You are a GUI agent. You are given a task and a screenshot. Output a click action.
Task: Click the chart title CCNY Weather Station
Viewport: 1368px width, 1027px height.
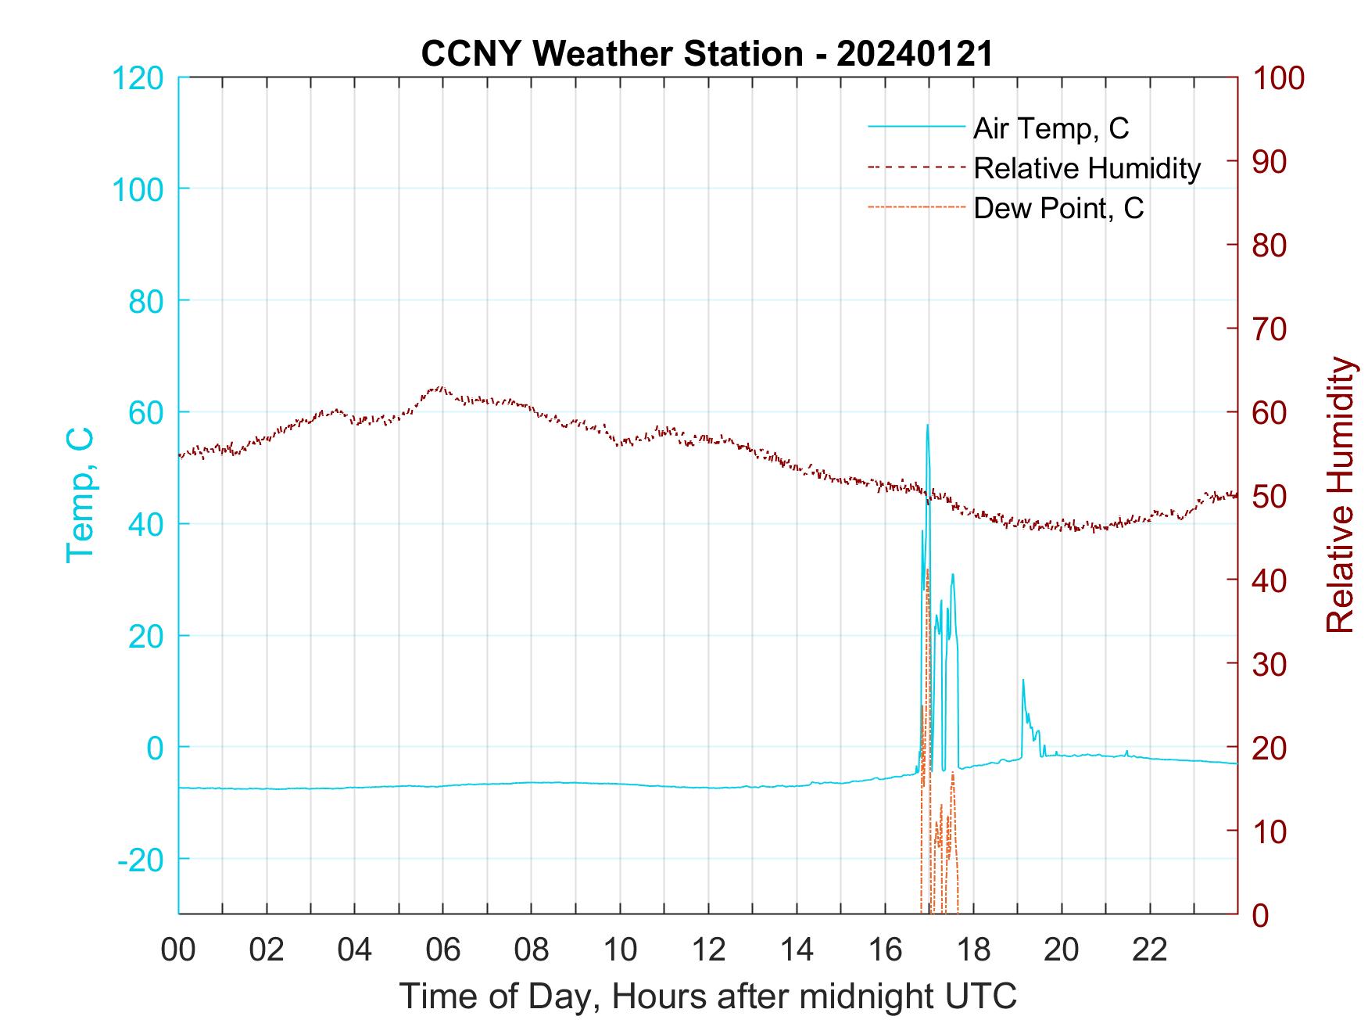coord(707,54)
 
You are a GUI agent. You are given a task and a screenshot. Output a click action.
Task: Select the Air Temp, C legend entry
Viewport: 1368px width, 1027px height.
coord(1050,127)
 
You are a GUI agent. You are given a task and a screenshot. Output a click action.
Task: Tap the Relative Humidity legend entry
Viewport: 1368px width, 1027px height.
coord(1087,168)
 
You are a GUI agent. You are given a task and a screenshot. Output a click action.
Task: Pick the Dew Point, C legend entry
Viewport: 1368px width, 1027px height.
coord(1058,209)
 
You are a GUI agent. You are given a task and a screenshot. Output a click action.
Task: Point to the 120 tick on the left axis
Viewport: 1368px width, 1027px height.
coord(138,78)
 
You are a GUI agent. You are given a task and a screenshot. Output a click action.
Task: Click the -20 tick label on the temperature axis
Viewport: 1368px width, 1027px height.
coord(141,860)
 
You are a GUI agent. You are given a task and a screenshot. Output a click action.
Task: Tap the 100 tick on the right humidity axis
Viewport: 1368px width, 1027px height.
coord(1279,78)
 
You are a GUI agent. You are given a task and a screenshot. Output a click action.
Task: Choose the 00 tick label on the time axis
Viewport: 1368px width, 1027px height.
coord(178,950)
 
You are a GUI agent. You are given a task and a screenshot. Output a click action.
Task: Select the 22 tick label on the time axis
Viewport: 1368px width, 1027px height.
coord(1150,950)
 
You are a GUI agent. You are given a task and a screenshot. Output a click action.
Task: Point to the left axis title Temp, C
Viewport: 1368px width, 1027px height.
coord(80,495)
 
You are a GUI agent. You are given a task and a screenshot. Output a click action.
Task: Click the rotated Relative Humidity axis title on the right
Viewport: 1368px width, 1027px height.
coord(1340,495)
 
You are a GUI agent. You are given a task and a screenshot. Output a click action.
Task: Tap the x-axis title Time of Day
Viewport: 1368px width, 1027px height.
coord(707,996)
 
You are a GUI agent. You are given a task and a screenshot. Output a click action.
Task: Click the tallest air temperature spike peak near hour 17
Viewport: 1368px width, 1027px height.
coord(928,426)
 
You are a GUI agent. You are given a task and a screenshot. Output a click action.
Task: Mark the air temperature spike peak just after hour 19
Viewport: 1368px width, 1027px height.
coord(1023,680)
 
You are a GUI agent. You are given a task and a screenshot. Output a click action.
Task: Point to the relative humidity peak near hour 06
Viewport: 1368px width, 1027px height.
coord(440,387)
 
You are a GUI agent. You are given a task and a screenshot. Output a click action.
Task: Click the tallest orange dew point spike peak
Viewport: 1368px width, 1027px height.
coord(927,570)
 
